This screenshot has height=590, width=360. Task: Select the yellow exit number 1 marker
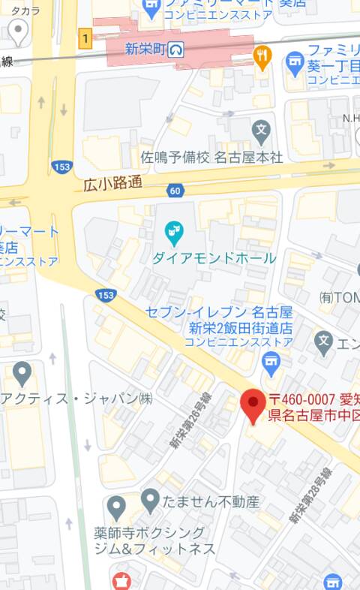[86, 38]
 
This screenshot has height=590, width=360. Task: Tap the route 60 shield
[175, 191]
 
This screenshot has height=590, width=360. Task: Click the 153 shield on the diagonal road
[106, 296]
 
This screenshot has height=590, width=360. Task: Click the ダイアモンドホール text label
[214, 258]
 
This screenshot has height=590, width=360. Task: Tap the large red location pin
[253, 405]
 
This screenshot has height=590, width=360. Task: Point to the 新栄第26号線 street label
[190, 420]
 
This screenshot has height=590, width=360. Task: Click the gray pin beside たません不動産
[150, 500]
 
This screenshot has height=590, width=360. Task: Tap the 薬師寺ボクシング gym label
[150, 533]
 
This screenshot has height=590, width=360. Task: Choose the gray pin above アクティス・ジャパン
[22, 372]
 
